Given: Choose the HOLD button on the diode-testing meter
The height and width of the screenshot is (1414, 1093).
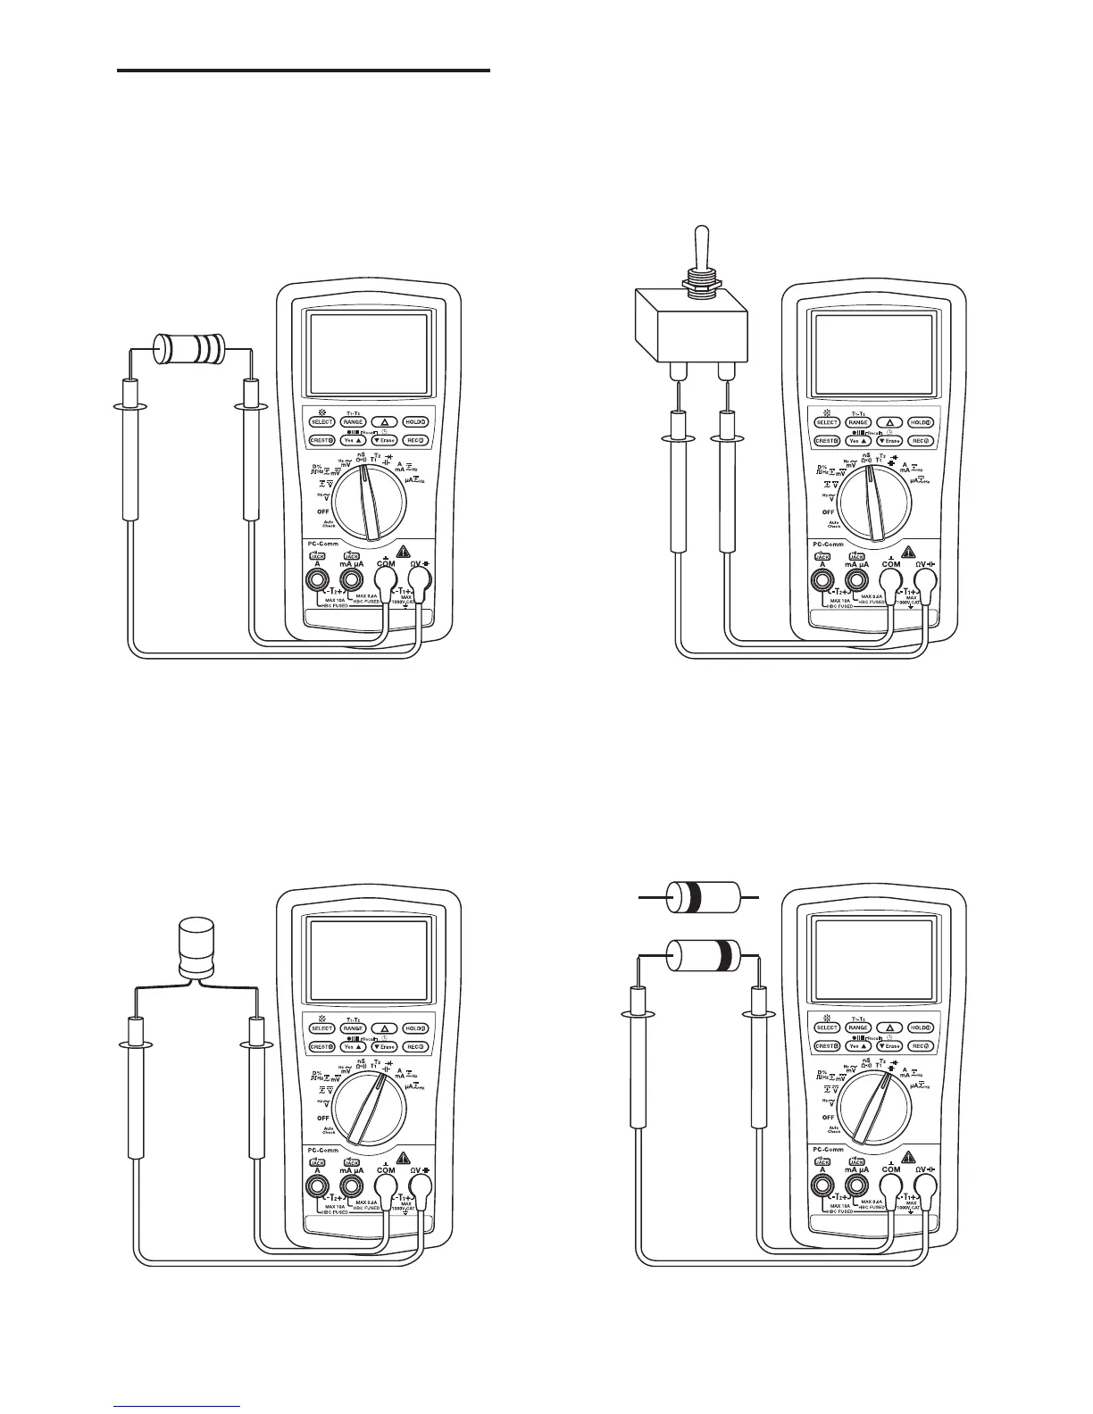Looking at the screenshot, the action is (x=921, y=1027).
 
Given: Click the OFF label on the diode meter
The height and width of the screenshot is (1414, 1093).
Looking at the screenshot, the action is (x=829, y=1117).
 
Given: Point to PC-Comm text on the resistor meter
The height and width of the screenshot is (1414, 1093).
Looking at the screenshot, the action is (x=319, y=544).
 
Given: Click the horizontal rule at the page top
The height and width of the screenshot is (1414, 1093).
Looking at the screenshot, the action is (x=304, y=71).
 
